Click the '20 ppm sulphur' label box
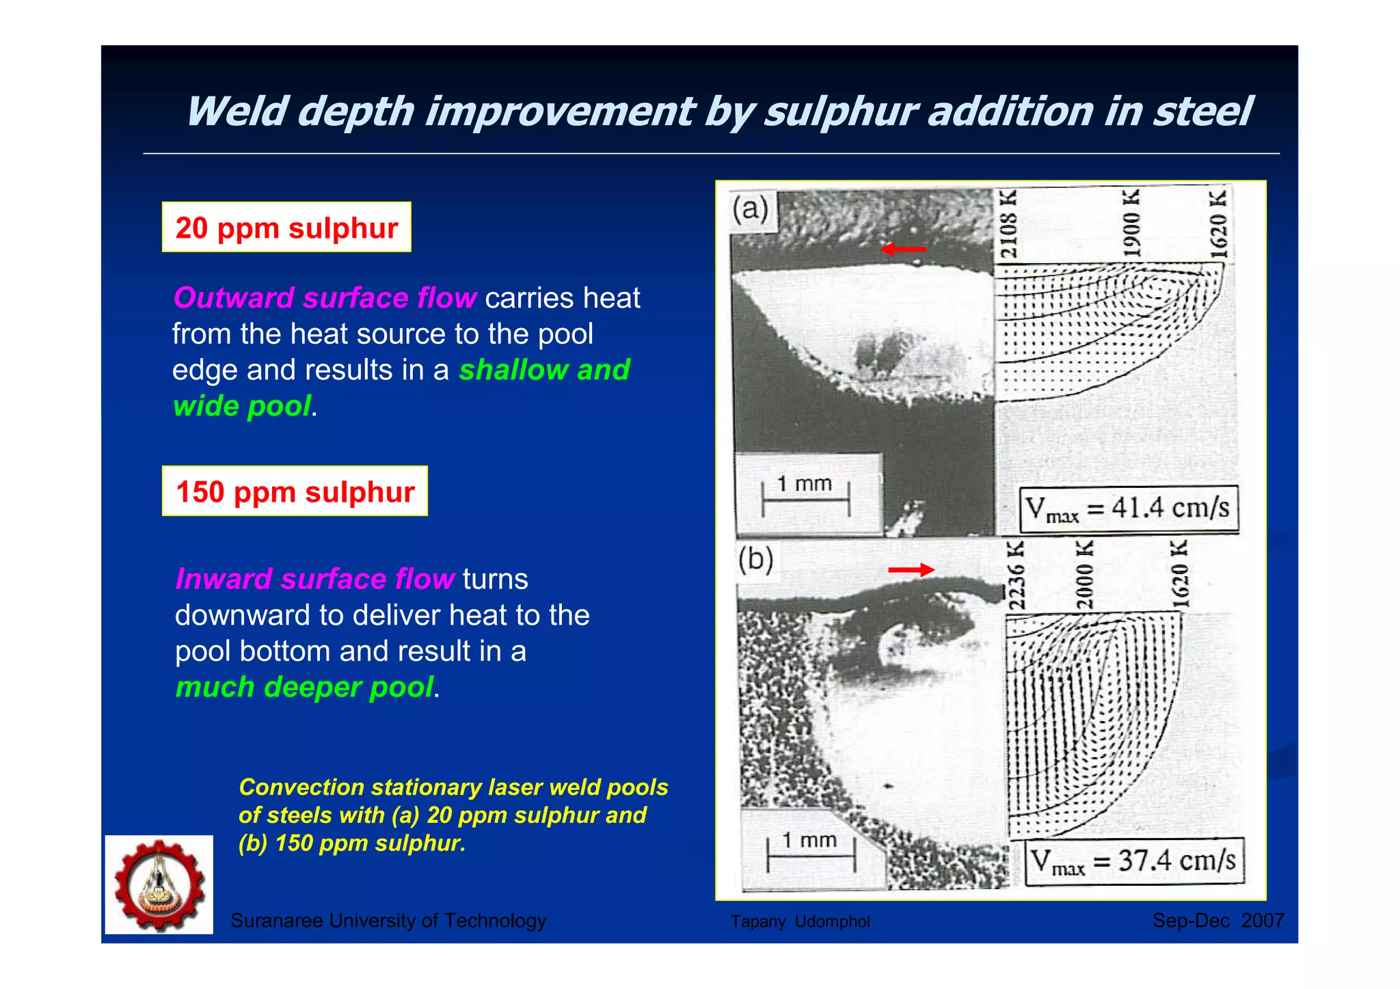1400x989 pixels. click(286, 228)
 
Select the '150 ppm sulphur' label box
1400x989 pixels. click(295, 491)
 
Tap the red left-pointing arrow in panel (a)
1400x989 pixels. click(903, 249)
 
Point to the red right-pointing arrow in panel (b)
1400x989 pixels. click(911, 569)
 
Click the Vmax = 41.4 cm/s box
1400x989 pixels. click(1128, 509)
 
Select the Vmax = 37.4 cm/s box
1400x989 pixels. click(1134, 861)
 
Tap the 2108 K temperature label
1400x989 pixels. click(1008, 225)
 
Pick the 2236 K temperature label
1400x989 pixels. click(1017, 575)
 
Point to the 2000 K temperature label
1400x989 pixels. click(1084, 574)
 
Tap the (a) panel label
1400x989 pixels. click(751, 208)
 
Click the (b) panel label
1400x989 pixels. click(755, 560)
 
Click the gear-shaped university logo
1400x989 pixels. click(159, 884)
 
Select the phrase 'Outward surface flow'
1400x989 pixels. click(325, 298)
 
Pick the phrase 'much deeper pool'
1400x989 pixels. click(304, 687)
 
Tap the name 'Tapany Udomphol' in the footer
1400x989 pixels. click(800, 921)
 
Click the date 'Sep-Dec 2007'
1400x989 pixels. click(1217, 921)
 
